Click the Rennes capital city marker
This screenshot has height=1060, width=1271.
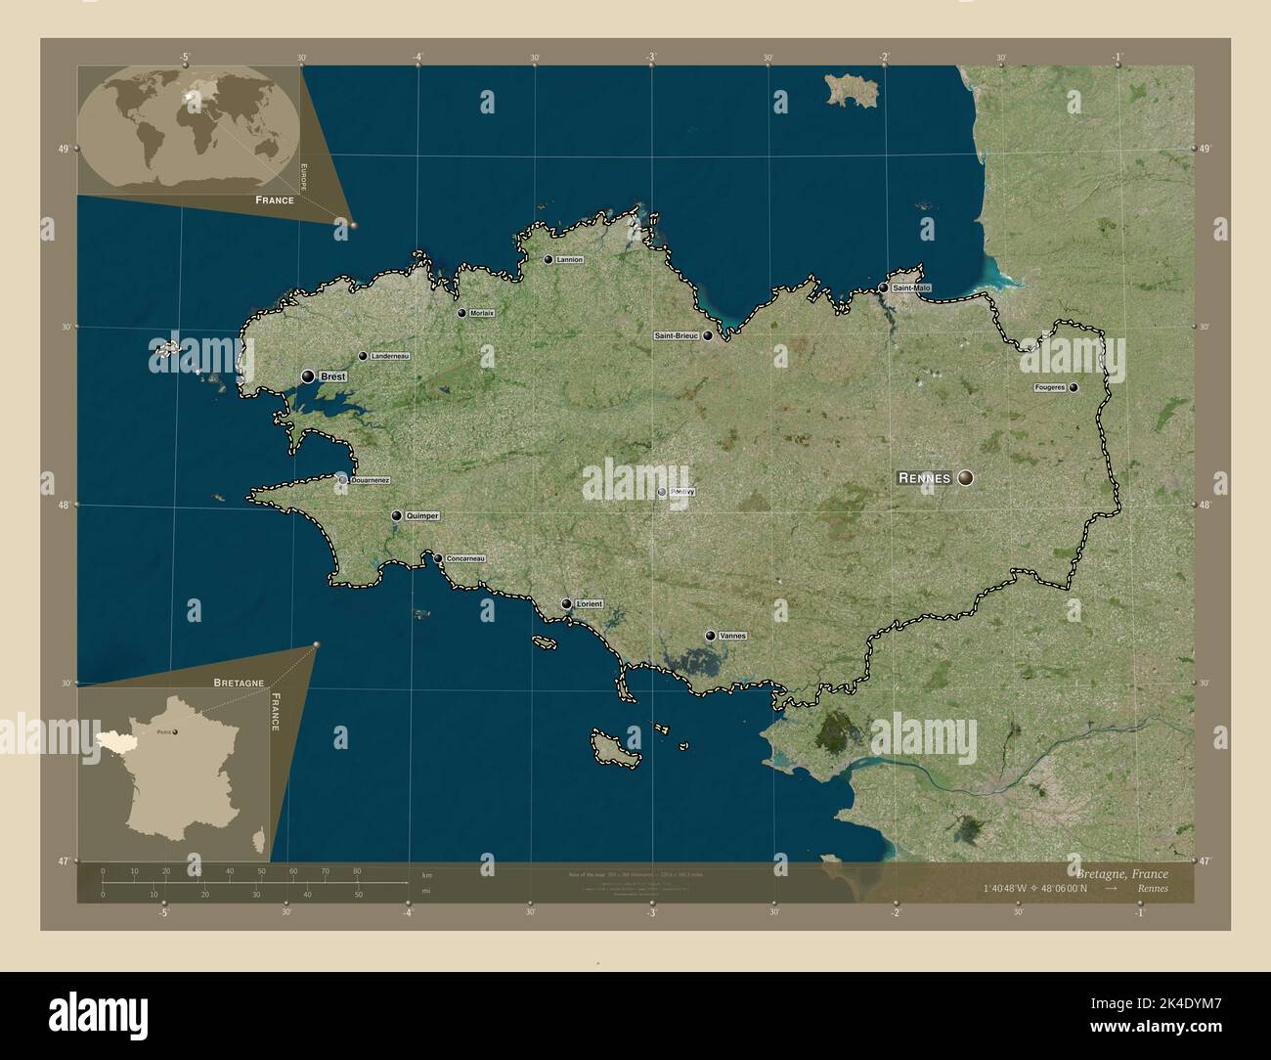pyautogui.click(x=966, y=477)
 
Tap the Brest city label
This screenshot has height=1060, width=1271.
pyautogui.click(x=333, y=375)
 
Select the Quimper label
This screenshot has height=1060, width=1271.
pyautogui.click(x=422, y=515)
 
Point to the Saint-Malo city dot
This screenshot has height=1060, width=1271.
pyautogui.click(x=883, y=288)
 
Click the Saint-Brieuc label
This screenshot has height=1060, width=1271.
pyautogui.click(x=676, y=335)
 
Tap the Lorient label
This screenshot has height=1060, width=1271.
pyautogui.click(x=590, y=604)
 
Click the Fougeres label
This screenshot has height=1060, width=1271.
pyautogui.click(x=1050, y=388)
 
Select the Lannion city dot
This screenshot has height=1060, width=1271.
pyautogui.click(x=548, y=259)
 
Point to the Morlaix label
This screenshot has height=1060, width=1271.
pyautogui.click(x=481, y=313)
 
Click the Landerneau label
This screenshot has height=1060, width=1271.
pyautogui.click(x=390, y=356)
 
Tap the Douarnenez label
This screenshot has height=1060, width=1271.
pyautogui.click(x=370, y=480)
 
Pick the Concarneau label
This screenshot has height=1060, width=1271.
pyautogui.click(x=464, y=558)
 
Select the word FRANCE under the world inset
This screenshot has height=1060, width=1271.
pyautogui.click(x=275, y=199)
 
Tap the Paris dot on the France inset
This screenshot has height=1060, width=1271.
pyautogui.click(x=175, y=729)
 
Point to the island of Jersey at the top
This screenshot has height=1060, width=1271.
pyautogui.click(x=854, y=90)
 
